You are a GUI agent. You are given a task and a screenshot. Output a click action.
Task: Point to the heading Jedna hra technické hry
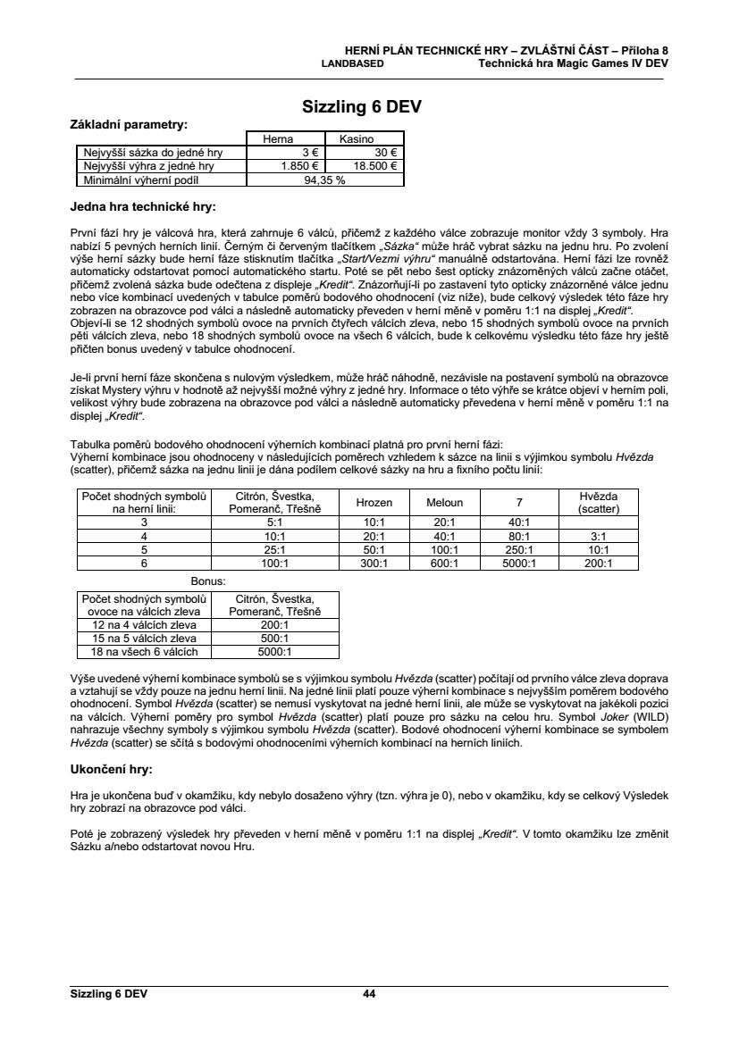pyautogui.click(x=142, y=207)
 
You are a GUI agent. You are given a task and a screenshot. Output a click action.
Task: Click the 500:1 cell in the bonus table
pyautogui.click(x=273, y=639)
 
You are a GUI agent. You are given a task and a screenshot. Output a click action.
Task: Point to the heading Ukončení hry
pyautogui.click(x=112, y=768)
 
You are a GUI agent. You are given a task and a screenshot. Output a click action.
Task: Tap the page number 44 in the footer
pyautogui.click(x=369, y=993)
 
